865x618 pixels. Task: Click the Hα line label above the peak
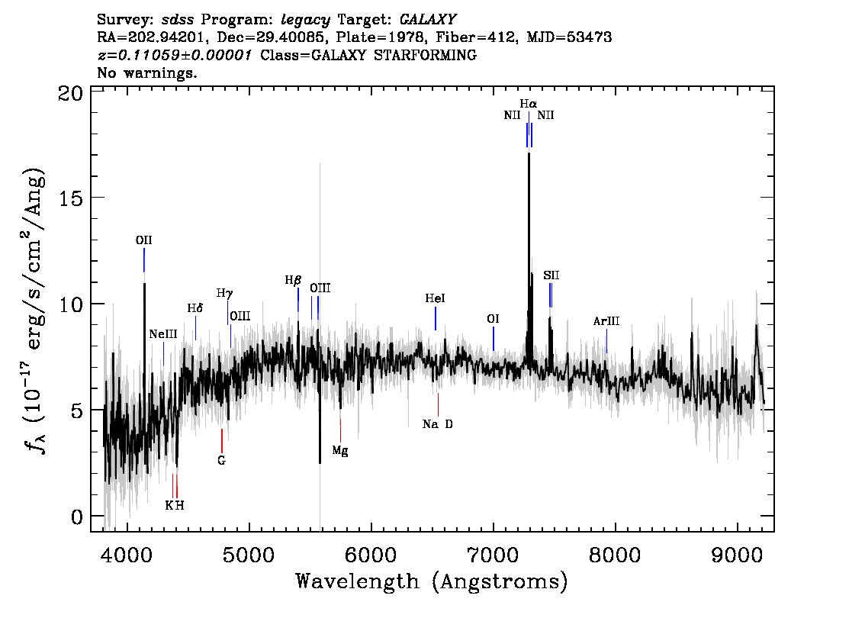coord(528,104)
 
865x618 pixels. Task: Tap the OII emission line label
coord(143,240)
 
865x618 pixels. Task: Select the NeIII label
coord(163,334)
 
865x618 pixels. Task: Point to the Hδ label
coord(195,308)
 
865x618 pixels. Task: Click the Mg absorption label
coord(340,451)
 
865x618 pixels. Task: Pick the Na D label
coord(438,423)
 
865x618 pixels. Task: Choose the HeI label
coord(435,298)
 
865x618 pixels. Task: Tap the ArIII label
coord(606,321)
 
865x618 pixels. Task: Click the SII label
coord(551,275)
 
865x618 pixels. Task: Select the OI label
coord(493,319)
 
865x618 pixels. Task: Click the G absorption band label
coord(221,461)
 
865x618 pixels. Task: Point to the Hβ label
coord(293,280)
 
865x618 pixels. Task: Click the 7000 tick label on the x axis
coord(494,555)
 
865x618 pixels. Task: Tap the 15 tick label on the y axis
coord(71,198)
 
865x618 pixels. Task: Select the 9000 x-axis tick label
coord(737,555)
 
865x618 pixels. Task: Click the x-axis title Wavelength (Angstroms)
coord(432,581)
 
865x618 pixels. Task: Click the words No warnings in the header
coord(146,72)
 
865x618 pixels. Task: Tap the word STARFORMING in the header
coord(425,55)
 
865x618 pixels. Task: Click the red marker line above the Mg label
coord(340,430)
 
